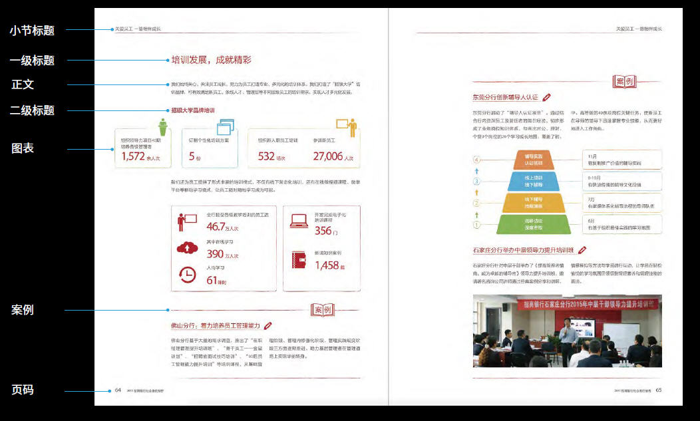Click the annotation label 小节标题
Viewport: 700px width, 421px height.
click(x=32, y=30)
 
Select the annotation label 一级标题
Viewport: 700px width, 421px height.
click(x=32, y=61)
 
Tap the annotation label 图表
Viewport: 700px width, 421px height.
click(x=23, y=148)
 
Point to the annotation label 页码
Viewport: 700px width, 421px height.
click(x=23, y=390)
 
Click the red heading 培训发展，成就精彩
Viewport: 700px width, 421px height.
click(x=211, y=60)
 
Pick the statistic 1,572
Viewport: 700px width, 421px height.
click(x=133, y=156)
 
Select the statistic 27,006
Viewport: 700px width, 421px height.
click(x=327, y=156)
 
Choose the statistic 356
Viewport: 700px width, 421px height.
click(x=323, y=231)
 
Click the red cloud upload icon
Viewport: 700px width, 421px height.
click(x=187, y=248)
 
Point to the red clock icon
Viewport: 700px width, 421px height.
click(x=187, y=274)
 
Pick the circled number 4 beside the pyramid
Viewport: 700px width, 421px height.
click(x=476, y=160)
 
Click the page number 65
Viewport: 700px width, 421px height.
click(x=658, y=390)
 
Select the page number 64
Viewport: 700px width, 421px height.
click(x=118, y=390)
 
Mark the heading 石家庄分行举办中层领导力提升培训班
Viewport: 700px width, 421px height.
click(x=523, y=250)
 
